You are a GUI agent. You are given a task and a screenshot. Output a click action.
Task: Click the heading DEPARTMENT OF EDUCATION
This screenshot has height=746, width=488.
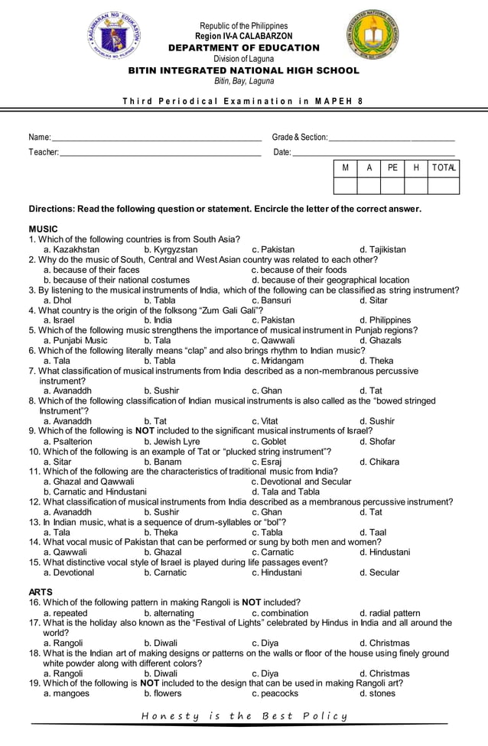(x=243, y=48)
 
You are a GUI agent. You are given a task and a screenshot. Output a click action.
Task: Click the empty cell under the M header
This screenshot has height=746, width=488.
(x=345, y=186)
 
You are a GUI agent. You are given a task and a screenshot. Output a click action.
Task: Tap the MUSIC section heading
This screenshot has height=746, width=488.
(x=43, y=229)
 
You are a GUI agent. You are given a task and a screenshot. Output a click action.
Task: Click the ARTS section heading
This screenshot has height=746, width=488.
(x=41, y=592)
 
